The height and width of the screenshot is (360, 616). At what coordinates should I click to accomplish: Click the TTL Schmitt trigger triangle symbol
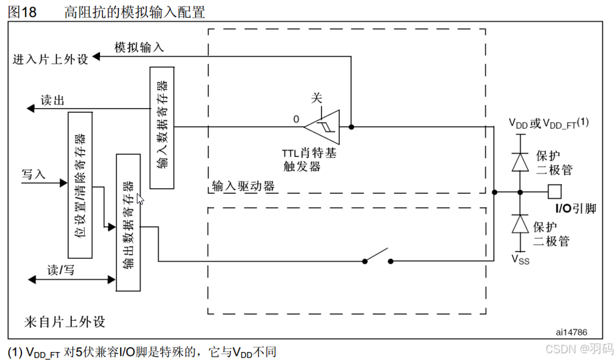click(325, 128)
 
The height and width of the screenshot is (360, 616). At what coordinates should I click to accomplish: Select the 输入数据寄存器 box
click(161, 127)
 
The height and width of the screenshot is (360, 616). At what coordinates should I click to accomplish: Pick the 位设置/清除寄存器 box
click(80, 185)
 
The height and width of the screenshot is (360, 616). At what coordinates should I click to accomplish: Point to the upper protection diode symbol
click(520, 161)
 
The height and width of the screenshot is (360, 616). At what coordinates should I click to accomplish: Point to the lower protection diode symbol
click(520, 224)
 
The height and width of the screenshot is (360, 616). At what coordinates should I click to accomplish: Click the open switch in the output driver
click(377, 256)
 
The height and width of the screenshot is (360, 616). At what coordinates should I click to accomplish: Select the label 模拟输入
click(139, 47)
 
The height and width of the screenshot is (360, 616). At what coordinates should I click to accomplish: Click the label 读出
click(52, 101)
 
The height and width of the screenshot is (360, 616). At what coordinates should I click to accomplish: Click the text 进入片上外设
click(50, 59)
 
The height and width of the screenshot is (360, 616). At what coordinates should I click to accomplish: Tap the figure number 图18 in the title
click(21, 12)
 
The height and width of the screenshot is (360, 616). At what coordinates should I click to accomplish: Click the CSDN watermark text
click(575, 349)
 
